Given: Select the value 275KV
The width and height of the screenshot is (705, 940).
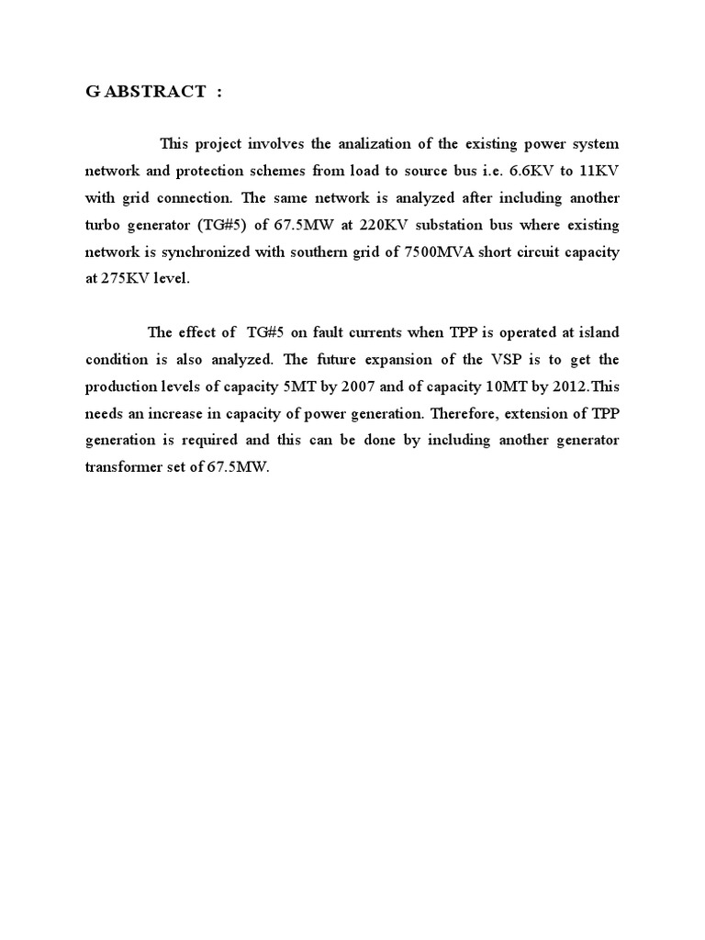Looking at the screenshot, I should click(119, 278).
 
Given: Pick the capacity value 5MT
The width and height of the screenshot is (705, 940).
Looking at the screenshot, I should click(294, 386).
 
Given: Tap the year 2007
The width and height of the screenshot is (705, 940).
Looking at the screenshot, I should click(352, 386).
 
